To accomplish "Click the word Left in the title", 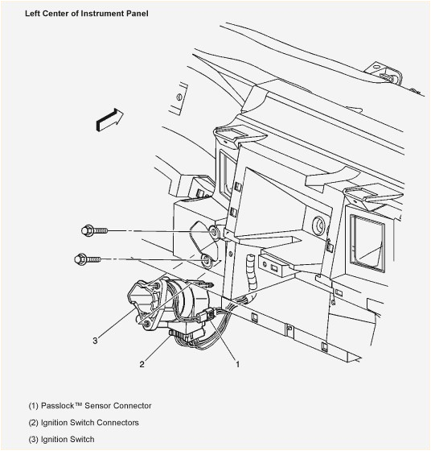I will (x=33, y=14).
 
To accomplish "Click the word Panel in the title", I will (x=136, y=14).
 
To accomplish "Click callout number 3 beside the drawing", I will (x=95, y=341).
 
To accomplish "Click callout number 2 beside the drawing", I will (x=142, y=364).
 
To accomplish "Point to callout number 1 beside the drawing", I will (x=237, y=364).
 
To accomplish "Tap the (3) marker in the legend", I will (x=33, y=440).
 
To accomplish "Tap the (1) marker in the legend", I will (x=33, y=406).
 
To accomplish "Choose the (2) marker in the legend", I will (x=33, y=423).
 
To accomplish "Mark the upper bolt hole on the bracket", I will (x=214, y=234).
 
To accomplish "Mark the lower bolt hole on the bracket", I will (x=207, y=261).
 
